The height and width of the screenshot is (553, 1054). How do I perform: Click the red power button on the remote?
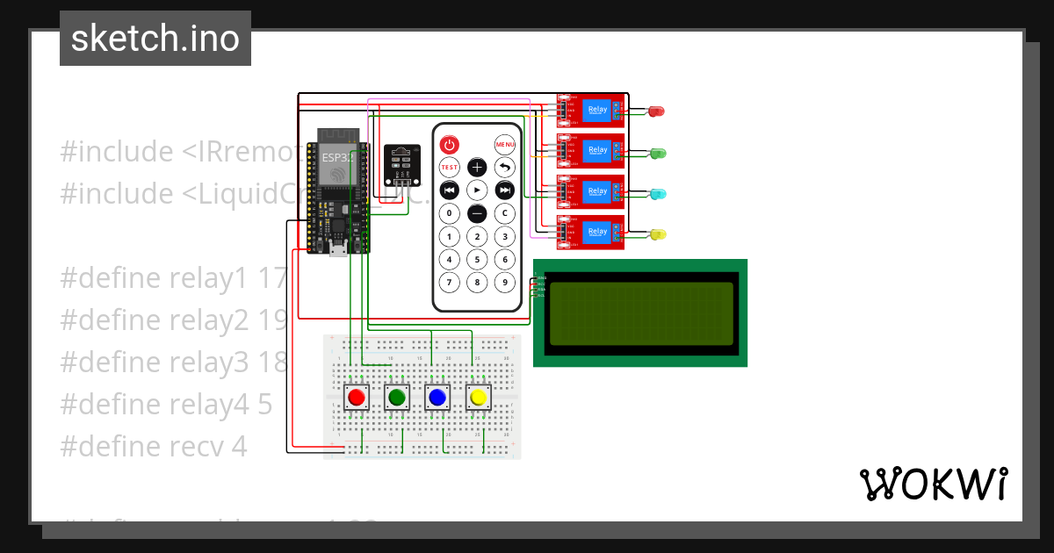tap(449, 144)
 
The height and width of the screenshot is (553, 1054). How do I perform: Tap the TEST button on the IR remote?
tap(449, 167)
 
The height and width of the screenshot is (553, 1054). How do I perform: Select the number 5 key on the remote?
tap(477, 259)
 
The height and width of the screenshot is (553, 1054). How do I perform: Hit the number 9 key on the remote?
tap(504, 282)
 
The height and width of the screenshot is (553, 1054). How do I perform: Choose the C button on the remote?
tap(504, 213)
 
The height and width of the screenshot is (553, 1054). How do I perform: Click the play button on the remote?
tap(477, 190)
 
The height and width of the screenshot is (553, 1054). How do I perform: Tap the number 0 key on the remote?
tap(449, 213)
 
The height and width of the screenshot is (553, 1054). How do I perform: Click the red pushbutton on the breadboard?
tap(357, 398)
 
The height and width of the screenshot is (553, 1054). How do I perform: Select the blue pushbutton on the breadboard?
tap(437, 398)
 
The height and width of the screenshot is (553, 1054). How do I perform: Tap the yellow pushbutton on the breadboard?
tap(478, 398)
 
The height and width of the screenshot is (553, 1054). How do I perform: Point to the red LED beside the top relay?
tap(656, 111)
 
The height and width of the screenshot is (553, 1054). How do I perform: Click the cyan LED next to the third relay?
tap(657, 193)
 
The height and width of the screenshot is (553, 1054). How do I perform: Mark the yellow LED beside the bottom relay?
tap(657, 234)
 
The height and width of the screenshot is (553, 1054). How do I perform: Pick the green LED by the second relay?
tap(657, 153)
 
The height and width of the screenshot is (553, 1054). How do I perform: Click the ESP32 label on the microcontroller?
tap(336, 158)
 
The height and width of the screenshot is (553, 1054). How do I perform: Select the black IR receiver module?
tap(402, 164)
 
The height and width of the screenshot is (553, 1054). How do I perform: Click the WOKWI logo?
tap(933, 484)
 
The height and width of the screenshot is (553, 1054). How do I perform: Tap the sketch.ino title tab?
tap(155, 39)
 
